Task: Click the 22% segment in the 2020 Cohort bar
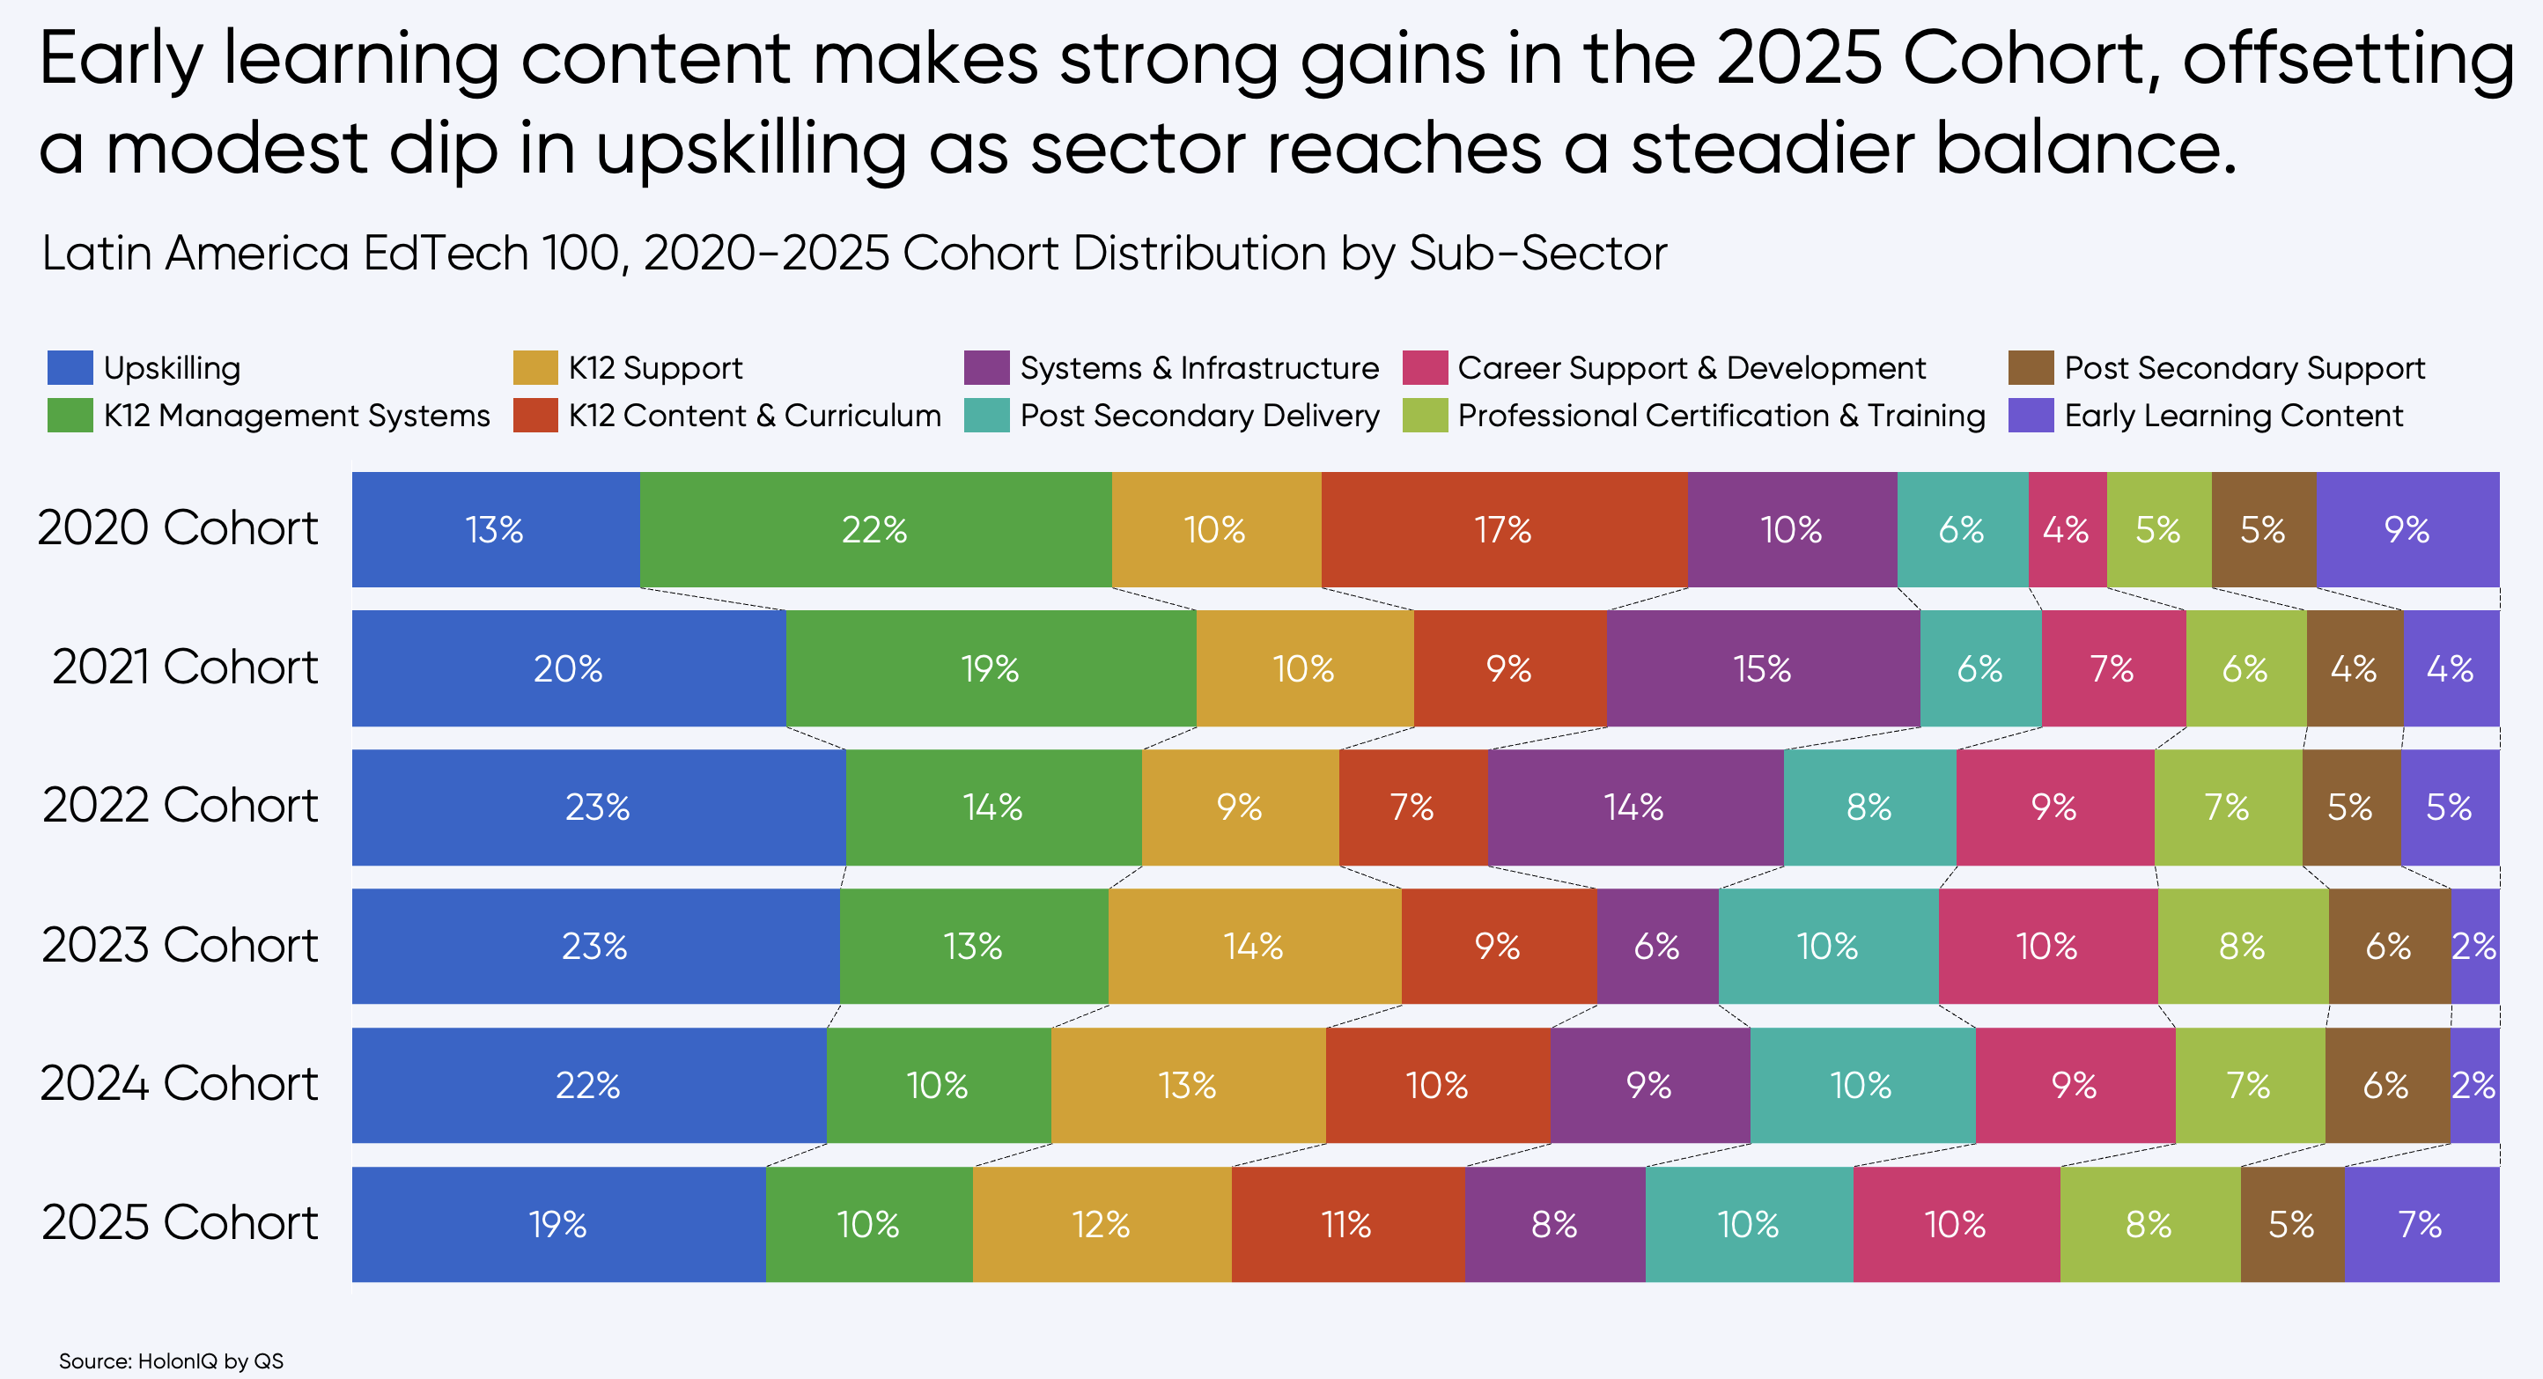tap(874, 530)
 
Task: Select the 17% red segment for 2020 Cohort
tap(1503, 530)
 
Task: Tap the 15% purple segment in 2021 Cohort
tap(1762, 668)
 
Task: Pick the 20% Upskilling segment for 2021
tap(569, 668)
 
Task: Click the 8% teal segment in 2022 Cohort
tap(1869, 807)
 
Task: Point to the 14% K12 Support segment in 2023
tap(1254, 946)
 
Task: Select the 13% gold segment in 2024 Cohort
tap(1188, 1085)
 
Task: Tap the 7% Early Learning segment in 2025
tap(2421, 1224)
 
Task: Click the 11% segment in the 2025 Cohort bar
tap(1347, 1224)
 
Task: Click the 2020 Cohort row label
tap(179, 528)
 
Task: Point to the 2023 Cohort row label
tap(179, 946)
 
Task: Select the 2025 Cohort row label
tap(179, 1223)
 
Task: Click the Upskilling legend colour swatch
tap(70, 367)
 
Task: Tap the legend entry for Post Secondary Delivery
tap(1199, 416)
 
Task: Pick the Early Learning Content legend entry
tap(2233, 416)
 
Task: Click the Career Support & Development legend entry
tap(1691, 368)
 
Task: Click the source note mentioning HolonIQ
tap(171, 1361)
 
